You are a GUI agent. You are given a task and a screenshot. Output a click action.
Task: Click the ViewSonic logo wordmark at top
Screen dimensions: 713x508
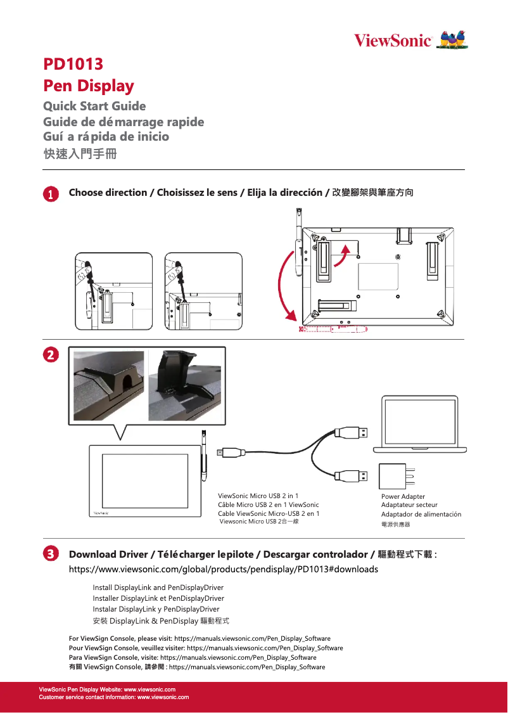click(x=393, y=41)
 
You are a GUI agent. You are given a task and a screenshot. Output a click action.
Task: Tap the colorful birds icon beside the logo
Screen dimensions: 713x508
click(x=454, y=39)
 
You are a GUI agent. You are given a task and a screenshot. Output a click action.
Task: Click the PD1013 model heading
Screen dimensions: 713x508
click(x=73, y=64)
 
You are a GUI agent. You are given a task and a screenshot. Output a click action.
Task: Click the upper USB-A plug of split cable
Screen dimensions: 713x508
click(x=350, y=432)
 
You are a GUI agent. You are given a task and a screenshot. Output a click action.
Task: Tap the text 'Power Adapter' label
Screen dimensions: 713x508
click(x=403, y=496)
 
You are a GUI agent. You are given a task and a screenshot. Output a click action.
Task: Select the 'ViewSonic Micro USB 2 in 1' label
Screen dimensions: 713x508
click(x=258, y=496)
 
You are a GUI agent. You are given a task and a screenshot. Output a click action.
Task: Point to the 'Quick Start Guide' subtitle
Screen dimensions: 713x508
click(x=94, y=106)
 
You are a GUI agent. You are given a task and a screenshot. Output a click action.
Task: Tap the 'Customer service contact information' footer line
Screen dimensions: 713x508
click(x=114, y=697)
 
